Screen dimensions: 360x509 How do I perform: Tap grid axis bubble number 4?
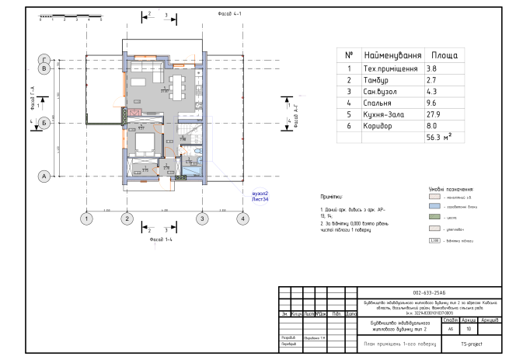[x=243, y=219]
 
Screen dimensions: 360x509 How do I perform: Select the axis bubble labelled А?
[x=45, y=176]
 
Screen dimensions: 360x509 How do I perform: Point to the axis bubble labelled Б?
[x=45, y=122]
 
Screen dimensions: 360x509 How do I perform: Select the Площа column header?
[x=444, y=56]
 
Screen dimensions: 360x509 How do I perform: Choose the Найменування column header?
[x=392, y=56]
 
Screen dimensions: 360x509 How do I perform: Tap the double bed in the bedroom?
[x=144, y=143]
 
